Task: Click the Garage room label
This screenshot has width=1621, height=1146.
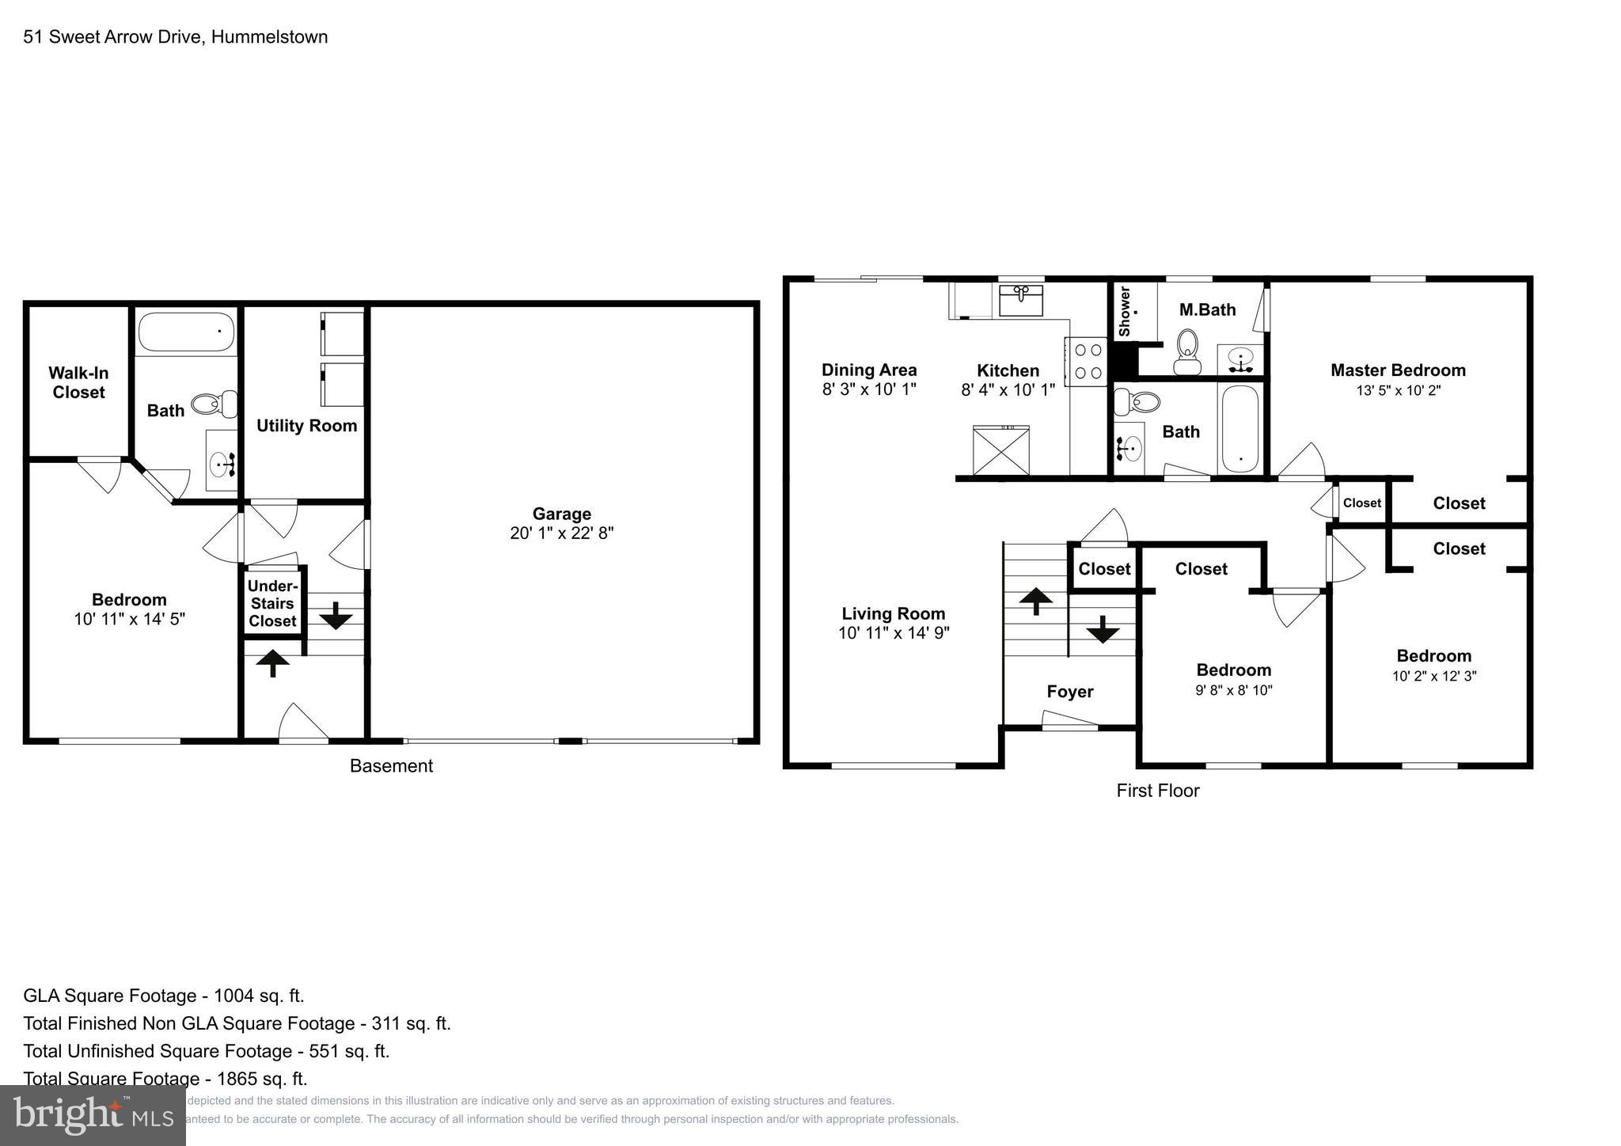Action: coord(561,514)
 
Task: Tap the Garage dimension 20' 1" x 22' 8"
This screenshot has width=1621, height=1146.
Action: coord(561,533)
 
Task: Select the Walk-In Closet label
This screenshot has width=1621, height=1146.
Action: coord(78,382)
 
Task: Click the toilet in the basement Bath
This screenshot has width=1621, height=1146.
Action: coord(215,404)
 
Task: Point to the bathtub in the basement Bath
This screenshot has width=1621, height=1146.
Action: coord(187,332)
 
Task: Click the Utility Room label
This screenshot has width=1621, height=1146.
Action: coord(306,426)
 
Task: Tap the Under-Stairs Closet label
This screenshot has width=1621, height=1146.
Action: coord(272,603)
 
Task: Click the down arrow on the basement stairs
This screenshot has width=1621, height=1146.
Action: coord(336,615)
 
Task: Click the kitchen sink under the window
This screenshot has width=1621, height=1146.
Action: coord(1021,301)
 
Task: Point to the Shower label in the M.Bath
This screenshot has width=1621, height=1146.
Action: coord(1125,311)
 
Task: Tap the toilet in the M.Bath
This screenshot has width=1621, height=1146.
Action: coord(1186,352)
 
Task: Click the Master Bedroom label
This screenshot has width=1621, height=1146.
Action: coord(1398,370)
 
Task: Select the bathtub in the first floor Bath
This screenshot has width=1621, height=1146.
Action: coord(1239,428)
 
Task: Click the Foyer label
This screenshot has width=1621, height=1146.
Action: coord(1069,692)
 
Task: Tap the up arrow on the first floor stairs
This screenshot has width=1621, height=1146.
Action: coord(1035,601)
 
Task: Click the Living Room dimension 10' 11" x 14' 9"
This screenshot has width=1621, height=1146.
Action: coord(894,633)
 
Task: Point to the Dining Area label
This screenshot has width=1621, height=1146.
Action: coord(869,370)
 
